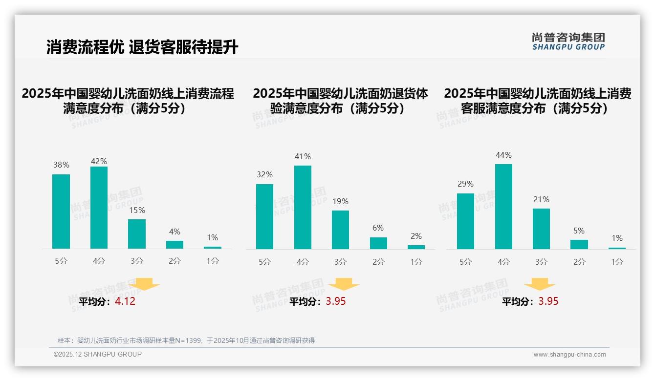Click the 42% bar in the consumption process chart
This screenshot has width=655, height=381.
pyautogui.click(x=99, y=208)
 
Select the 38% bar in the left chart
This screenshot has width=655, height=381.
pyautogui.click(x=61, y=212)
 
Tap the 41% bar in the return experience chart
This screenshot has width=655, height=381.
pyautogui.click(x=303, y=207)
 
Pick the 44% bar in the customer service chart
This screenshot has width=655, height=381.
pyautogui.click(x=503, y=207)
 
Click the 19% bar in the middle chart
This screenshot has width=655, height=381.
pyautogui.click(x=340, y=230)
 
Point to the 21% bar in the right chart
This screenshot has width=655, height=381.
pyautogui.click(x=541, y=229)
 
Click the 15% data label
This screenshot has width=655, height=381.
pyautogui.click(x=137, y=211)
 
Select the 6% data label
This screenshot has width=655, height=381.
pyautogui.click(x=378, y=228)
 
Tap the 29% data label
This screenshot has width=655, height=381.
pyautogui.click(x=465, y=184)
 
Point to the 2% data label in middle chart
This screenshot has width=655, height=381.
pyautogui.click(x=416, y=236)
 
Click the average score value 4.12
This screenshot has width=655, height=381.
pyautogui.click(x=125, y=301)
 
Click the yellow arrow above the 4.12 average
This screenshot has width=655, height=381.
pyautogui.click(x=144, y=284)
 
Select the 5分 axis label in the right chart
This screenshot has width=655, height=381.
pyautogui.click(x=465, y=262)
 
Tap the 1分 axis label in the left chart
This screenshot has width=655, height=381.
pyautogui.click(x=213, y=261)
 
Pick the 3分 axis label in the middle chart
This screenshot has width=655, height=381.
pyautogui.click(x=340, y=262)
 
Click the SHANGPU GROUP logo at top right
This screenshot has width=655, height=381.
pyautogui.click(x=568, y=42)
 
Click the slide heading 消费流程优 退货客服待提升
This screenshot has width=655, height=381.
pyautogui.click(x=142, y=47)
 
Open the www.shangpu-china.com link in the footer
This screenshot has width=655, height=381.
pyautogui.click(x=569, y=355)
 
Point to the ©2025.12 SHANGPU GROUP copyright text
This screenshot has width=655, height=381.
pyautogui.click(x=98, y=354)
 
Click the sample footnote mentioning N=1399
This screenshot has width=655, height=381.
pyautogui.click(x=186, y=340)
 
